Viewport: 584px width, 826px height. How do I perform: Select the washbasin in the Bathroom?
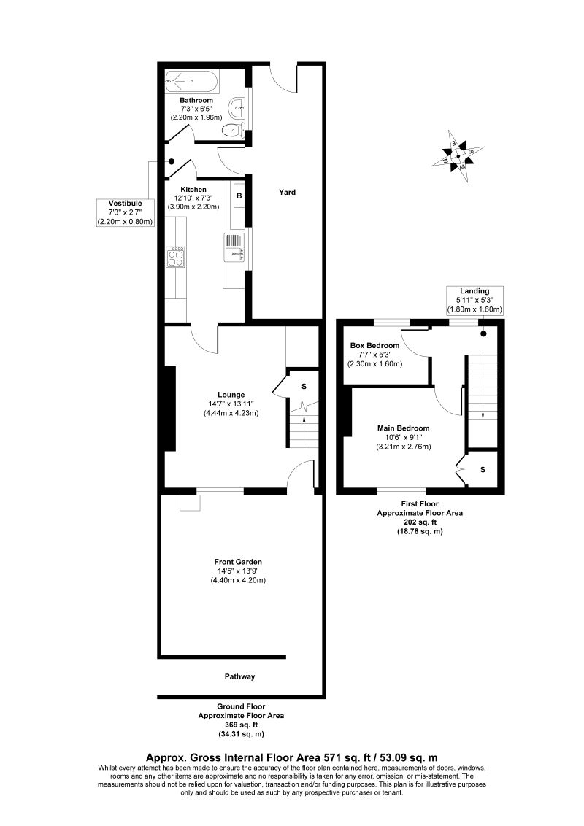tap(237, 109)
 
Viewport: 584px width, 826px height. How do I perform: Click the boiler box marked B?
tap(238, 196)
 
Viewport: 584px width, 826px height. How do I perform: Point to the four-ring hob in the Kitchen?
tap(176, 258)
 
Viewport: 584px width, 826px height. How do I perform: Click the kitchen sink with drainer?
tap(234, 247)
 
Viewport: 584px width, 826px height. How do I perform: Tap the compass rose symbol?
tap(458, 155)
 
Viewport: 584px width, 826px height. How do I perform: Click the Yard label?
tap(287, 193)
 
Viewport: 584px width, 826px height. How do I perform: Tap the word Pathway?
tap(239, 676)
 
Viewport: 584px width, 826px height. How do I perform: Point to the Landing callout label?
tap(474, 291)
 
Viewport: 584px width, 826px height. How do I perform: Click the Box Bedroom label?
tap(374, 345)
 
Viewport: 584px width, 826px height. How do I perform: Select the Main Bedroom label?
tap(403, 428)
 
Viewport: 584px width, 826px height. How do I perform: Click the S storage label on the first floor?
tap(483, 469)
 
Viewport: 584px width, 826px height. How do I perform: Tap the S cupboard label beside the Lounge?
tap(304, 386)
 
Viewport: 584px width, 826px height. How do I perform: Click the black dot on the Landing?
tap(483, 333)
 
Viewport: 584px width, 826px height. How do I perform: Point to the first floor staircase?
tap(481, 394)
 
